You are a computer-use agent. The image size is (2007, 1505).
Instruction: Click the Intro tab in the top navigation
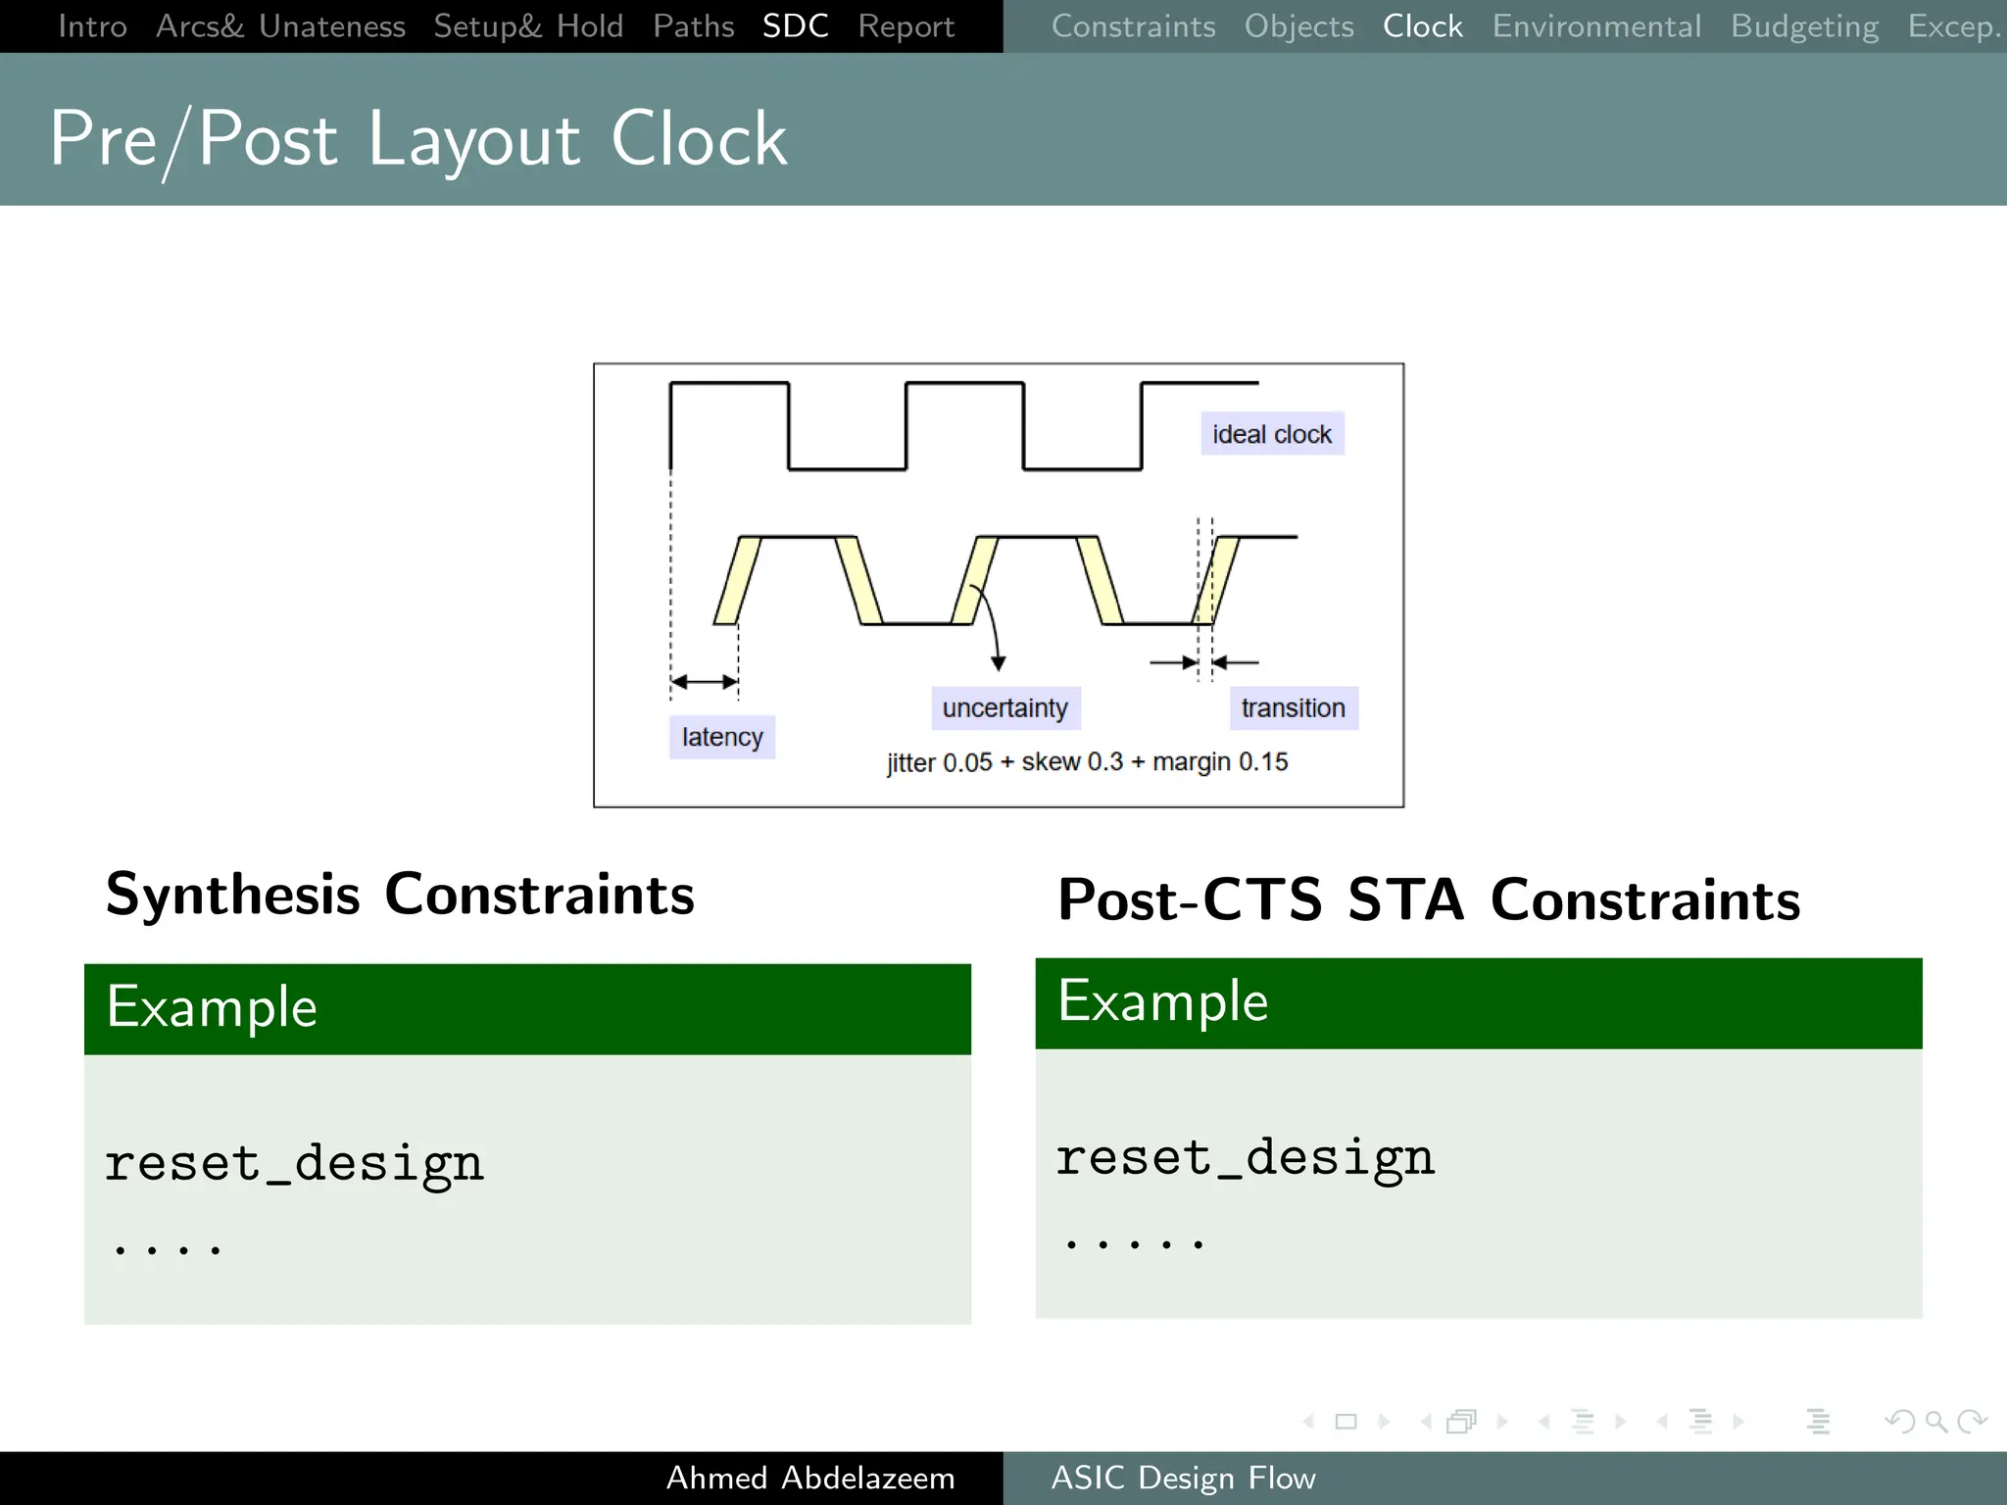pyautogui.click(x=92, y=26)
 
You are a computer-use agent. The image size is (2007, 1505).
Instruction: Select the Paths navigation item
pyautogui.click(x=693, y=26)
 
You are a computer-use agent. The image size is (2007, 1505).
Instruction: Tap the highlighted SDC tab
pyautogui.click(x=795, y=26)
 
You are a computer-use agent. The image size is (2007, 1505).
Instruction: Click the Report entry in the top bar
pyautogui.click(x=906, y=26)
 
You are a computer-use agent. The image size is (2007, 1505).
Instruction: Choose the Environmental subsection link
pyautogui.click(x=1595, y=26)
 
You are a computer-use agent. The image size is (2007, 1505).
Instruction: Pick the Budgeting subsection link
pyautogui.click(x=1804, y=26)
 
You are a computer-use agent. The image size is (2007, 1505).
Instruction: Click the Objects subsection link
pyautogui.click(x=1298, y=26)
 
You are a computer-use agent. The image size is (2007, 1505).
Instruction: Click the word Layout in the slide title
pyautogui.click(x=473, y=139)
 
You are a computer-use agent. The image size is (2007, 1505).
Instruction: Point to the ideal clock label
pyautogui.click(x=1271, y=434)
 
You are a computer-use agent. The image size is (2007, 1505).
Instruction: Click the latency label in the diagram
pyautogui.click(x=721, y=737)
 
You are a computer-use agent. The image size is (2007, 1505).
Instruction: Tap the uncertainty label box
pyautogui.click(x=1004, y=707)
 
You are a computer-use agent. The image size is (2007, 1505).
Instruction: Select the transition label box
pyautogui.click(x=1293, y=707)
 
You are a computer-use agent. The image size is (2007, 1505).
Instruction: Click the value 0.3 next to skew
pyautogui.click(x=1104, y=761)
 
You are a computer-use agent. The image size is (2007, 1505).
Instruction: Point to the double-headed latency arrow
pyautogui.click(x=705, y=681)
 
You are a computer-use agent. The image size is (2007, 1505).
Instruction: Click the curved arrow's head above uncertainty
pyautogui.click(x=999, y=663)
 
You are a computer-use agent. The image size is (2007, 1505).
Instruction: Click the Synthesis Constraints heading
pyautogui.click(x=400, y=895)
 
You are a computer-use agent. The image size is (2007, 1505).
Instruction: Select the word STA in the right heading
pyautogui.click(x=1404, y=899)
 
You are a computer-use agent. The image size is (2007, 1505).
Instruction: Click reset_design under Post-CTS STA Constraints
pyautogui.click(x=1244, y=1157)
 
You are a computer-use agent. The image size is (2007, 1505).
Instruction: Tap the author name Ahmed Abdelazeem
pyautogui.click(x=809, y=1478)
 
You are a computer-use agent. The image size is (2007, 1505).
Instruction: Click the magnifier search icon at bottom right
pyautogui.click(x=1934, y=1421)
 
